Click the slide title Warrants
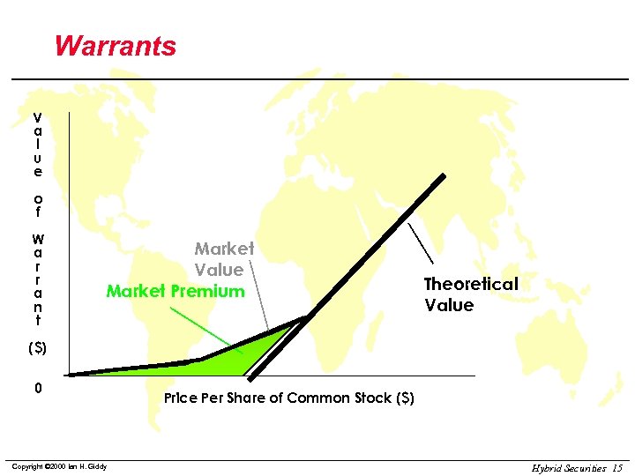click(115, 46)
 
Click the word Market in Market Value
click(224, 249)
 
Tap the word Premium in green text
click(210, 291)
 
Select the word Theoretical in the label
click(470, 284)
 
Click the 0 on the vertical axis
click(37, 389)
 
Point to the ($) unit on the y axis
click(37, 348)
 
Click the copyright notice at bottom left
click(59, 466)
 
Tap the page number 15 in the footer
click(616, 467)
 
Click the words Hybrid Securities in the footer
click(569, 467)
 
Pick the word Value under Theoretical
click(449, 305)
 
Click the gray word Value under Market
click(219, 270)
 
